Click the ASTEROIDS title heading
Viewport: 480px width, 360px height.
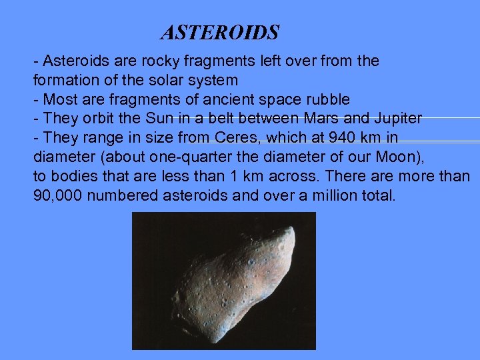pos(220,32)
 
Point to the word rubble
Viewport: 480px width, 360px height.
pos(327,99)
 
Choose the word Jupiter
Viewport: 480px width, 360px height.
pos(397,119)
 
